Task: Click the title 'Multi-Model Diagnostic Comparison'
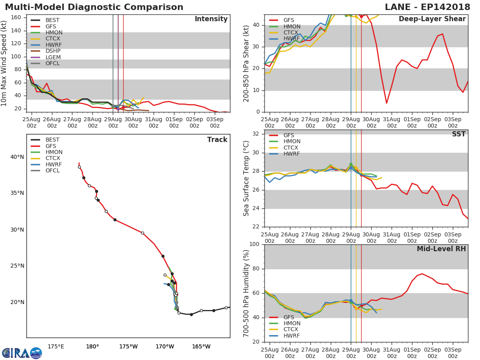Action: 94,7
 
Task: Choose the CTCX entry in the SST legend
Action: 292,148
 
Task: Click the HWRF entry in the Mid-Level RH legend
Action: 292,336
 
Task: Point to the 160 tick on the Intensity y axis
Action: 16,18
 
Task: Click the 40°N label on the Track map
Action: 17,157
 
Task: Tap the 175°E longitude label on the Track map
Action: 56,346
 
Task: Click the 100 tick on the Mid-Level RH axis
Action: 254,244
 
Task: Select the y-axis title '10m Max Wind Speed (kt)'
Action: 4,63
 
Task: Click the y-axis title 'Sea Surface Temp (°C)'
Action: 246,178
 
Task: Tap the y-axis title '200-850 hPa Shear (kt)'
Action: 246,63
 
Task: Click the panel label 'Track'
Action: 217,140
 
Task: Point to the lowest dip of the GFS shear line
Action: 386,103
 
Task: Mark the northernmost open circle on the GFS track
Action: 79,167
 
